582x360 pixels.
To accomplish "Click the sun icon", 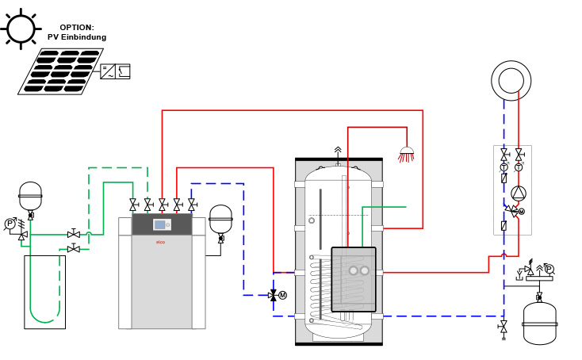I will click(x=21, y=29).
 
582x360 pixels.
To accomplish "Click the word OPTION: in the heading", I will click(x=76, y=27).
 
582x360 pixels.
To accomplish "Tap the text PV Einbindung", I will click(x=76, y=37).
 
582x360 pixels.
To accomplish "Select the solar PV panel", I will click(x=60, y=71).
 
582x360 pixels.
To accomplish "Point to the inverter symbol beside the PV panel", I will click(x=115, y=71).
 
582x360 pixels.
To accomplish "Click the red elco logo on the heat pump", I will click(x=160, y=242).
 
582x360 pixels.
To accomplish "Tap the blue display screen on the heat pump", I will click(x=160, y=224).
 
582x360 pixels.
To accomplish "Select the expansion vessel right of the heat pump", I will click(x=220, y=218).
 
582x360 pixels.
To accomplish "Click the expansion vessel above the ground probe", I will click(x=30, y=195).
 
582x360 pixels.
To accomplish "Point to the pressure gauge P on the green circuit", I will click(x=10, y=224).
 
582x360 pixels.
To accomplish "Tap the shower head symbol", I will click(x=406, y=154).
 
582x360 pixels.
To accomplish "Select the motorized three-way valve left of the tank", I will click(x=274, y=295).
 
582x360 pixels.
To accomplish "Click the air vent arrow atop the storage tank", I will click(x=338, y=150).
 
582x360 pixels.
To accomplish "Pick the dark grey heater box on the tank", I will click(x=354, y=279).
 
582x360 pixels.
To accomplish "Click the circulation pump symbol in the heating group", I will click(x=518, y=193).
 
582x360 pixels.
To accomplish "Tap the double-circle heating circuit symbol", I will click(x=511, y=80).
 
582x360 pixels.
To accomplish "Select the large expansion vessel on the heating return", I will click(x=539, y=324).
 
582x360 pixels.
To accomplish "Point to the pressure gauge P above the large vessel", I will click(x=549, y=269).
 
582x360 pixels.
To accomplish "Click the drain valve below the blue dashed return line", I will click(x=504, y=327).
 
